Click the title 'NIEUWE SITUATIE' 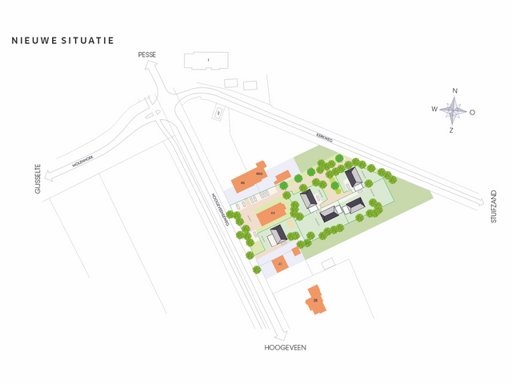click(63, 39)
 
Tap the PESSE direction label click(147, 54)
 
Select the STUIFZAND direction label click(494, 206)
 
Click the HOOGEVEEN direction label click(286, 348)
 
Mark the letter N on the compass click(454, 90)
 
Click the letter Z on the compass click(451, 130)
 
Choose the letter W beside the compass click(434, 109)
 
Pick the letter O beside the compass click(472, 112)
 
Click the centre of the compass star click(453, 110)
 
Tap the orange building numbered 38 click(315, 301)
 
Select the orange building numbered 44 click(270, 214)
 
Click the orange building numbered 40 click(279, 263)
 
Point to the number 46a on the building click(259, 173)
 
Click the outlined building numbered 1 click(207, 61)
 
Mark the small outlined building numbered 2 click(218, 114)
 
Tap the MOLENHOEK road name click(82, 162)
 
